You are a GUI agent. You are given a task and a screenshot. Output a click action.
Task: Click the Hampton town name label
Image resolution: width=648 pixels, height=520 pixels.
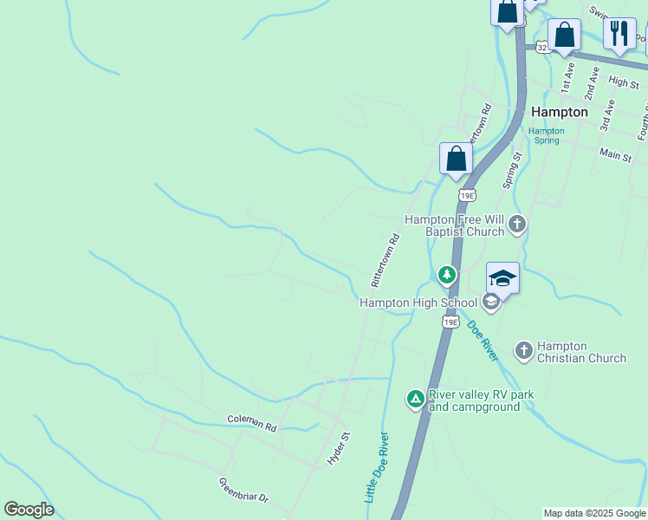coord(559,112)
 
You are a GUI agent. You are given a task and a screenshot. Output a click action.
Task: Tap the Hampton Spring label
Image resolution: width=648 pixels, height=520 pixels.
coord(547,135)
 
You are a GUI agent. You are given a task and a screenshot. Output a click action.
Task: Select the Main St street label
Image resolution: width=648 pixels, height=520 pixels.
coord(615,153)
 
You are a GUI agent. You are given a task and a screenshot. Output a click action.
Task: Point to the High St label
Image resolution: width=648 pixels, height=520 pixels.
coord(623,81)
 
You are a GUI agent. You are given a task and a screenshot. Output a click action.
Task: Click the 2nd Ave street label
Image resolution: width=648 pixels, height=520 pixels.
coord(593,83)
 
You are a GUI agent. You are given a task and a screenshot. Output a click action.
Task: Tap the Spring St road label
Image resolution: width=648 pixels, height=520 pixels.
coord(512,171)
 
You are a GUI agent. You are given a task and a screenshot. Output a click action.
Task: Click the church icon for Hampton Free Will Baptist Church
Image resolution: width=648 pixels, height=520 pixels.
coord(516,225)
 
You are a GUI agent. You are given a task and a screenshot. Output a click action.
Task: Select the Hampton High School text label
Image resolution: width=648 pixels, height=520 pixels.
coord(418,302)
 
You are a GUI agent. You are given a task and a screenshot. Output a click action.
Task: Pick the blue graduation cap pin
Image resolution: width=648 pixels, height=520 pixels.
coord(502,279)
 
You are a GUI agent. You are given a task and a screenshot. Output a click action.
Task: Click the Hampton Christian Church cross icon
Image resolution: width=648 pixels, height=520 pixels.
coord(523,351)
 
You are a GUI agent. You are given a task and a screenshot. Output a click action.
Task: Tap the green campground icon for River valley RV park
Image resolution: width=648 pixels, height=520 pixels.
coord(416,399)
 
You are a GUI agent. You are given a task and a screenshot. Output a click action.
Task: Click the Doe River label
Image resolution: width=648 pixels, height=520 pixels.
coord(483,341)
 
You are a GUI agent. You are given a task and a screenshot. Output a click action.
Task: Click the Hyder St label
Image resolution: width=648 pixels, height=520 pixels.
coord(338,449)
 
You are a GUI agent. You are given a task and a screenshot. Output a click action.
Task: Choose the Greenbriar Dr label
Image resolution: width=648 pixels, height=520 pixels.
coord(243,491)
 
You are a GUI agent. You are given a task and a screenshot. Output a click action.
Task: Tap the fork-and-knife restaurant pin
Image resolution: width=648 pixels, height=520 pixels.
coord(619,34)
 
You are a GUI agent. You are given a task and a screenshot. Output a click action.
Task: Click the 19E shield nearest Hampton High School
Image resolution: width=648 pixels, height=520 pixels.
coord(450,322)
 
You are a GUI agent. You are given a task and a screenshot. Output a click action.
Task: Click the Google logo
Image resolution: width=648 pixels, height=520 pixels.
coord(29,510)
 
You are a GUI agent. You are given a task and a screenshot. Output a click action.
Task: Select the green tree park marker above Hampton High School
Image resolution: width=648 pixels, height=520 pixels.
coord(446,276)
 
